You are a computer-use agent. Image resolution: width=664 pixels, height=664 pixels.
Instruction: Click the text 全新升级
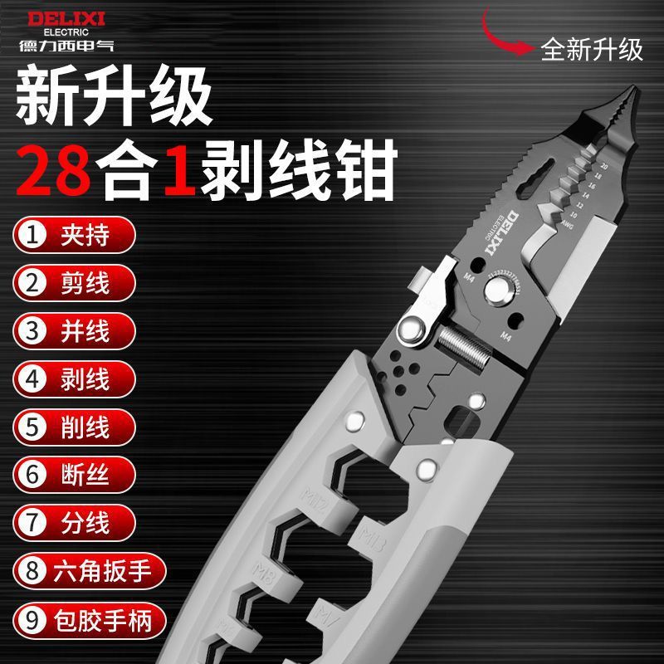click(592, 49)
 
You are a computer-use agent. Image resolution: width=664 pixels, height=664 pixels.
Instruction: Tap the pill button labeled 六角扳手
click(90, 571)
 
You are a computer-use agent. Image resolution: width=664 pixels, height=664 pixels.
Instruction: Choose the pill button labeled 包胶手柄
click(90, 619)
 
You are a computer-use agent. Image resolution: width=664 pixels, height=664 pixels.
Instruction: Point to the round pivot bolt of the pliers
click(502, 290)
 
